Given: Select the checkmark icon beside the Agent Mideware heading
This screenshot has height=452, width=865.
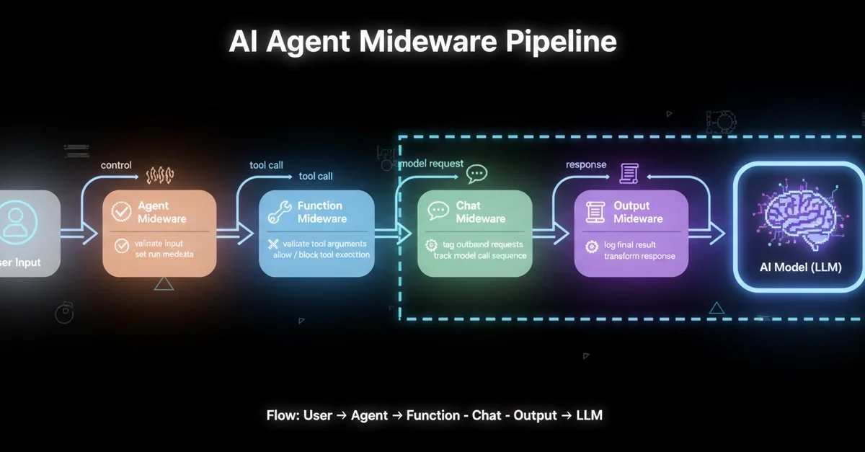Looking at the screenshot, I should pyautogui.click(x=122, y=211).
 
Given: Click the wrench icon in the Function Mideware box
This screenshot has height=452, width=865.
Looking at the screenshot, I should pyautogui.click(x=278, y=211).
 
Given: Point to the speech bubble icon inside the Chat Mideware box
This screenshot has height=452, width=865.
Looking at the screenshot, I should pyautogui.click(x=438, y=211).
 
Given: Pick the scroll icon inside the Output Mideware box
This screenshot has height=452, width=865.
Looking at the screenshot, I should pyautogui.click(x=595, y=211).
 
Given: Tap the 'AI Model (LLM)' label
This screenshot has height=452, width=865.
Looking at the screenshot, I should pyautogui.click(x=800, y=267).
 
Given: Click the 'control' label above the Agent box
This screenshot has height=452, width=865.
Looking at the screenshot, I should pyautogui.click(x=116, y=165).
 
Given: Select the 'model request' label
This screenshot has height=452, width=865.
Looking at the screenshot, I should pyautogui.click(x=431, y=164).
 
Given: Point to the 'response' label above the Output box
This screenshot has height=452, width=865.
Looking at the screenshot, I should pyautogui.click(x=586, y=164).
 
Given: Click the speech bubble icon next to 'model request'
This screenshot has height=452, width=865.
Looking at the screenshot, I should pyautogui.click(x=476, y=173).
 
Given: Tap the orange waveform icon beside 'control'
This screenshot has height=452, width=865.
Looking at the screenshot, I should pyautogui.click(x=160, y=174).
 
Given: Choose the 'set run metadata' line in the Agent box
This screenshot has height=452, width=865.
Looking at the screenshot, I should pyautogui.click(x=164, y=254).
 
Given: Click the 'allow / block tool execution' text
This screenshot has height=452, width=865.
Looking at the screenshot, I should pyautogui.click(x=321, y=254).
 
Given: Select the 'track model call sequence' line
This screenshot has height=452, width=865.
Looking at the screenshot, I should pyautogui.click(x=480, y=255).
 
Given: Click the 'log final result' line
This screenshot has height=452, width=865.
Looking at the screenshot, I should pyautogui.click(x=629, y=245).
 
